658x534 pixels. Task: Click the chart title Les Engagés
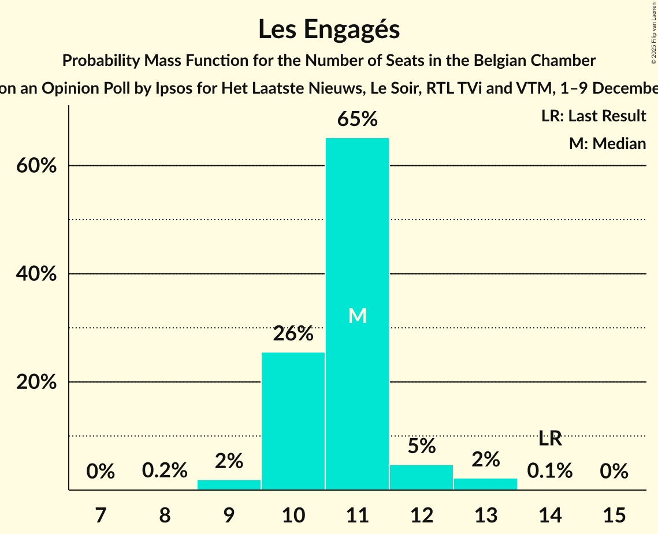(329, 29)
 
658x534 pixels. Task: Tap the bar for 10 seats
(293, 421)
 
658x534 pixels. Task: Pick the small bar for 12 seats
(421, 477)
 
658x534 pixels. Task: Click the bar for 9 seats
(229, 485)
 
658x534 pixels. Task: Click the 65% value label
(357, 120)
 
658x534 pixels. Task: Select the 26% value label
(293, 333)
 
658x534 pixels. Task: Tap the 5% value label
(421, 446)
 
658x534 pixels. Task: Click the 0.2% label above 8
(165, 471)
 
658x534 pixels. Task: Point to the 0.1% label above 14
(550, 471)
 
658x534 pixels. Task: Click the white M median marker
(358, 316)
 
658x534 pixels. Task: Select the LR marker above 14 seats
(550, 439)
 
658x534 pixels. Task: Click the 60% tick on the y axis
(36, 166)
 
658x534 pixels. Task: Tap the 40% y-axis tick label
(36, 274)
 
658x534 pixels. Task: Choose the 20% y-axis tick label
(36, 383)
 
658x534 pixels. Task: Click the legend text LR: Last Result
(593, 116)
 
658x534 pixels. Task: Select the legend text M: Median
(607, 143)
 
